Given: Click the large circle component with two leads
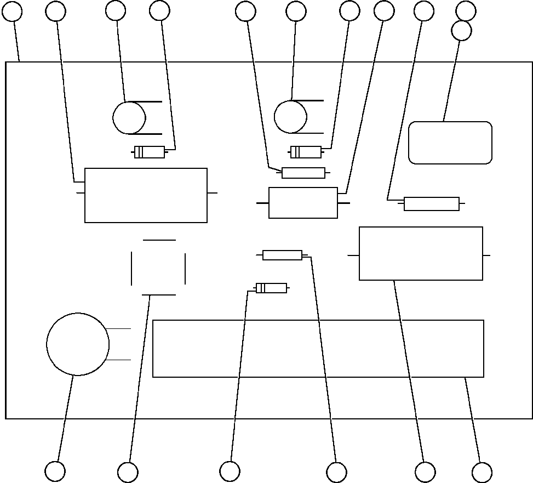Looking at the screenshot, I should (x=78, y=344).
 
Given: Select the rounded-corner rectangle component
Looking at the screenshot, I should (x=450, y=143).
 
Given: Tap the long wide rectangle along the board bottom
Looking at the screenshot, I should (x=318, y=349).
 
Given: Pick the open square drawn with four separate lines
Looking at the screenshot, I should (x=159, y=268).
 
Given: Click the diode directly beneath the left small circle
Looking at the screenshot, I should (x=150, y=152).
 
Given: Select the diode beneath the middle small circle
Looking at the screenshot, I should (x=306, y=152).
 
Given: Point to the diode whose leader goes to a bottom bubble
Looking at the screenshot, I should (x=271, y=288).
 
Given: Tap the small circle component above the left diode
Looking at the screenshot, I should (x=129, y=117).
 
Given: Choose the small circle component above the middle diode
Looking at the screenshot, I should (x=290, y=117).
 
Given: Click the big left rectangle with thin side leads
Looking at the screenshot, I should (x=146, y=195).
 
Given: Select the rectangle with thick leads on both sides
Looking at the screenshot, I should (x=303, y=203).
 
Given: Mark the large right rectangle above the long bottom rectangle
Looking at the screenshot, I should (x=421, y=253).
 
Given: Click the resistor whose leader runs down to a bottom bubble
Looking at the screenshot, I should (x=282, y=255).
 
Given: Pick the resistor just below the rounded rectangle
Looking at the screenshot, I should (x=431, y=204).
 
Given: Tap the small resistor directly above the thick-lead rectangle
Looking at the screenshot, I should (x=303, y=173).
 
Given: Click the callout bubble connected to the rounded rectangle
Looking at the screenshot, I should (x=461, y=31).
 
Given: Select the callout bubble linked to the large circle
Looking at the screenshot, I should (x=55, y=471).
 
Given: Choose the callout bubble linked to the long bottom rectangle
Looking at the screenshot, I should (x=482, y=473).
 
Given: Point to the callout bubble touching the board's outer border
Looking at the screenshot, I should (x=12, y=11).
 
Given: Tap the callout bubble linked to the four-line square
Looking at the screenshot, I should (x=128, y=472).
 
